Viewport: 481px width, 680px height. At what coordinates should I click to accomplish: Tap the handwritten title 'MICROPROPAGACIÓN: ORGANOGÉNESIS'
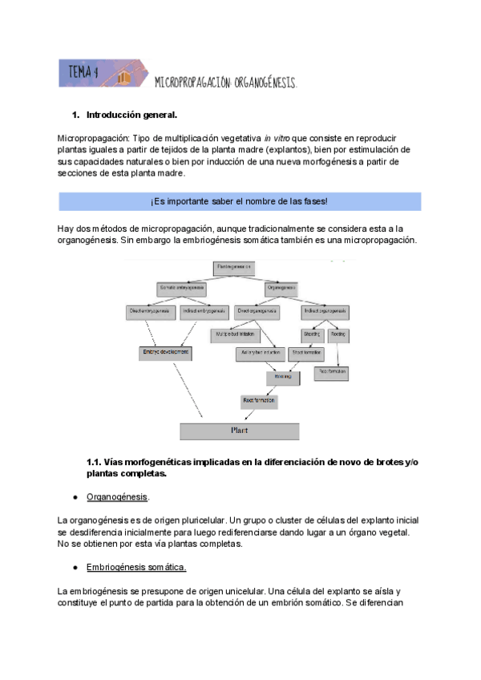point(225,83)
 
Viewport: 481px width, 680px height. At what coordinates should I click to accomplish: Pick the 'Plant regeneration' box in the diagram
point(234,266)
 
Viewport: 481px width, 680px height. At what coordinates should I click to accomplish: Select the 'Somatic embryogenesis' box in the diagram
point(181,287)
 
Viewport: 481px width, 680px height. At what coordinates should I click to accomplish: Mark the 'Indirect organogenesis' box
point(325,310)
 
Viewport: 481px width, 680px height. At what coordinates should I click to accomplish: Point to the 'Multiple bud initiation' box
point(236,333)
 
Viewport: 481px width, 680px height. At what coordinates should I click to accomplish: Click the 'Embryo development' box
point(166,352)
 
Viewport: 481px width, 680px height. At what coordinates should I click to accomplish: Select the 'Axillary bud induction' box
point(261,352)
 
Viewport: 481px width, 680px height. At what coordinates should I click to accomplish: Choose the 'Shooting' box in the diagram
point(312,333)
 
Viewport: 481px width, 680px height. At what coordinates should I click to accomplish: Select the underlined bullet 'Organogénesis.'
point(117,497)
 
